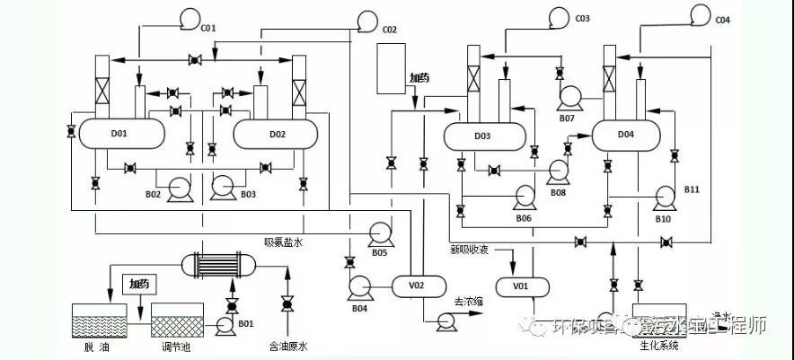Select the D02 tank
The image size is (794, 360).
pyautogui.click(x=277, y=135)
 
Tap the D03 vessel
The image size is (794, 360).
pyautogui.click(x=482, y=137)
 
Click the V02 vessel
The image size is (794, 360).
pyautogui.click(x=416, y=285)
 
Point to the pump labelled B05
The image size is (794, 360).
pyautogui.click(x=378, y=235)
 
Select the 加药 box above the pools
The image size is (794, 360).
pyautogui.click(x=138, y=286)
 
